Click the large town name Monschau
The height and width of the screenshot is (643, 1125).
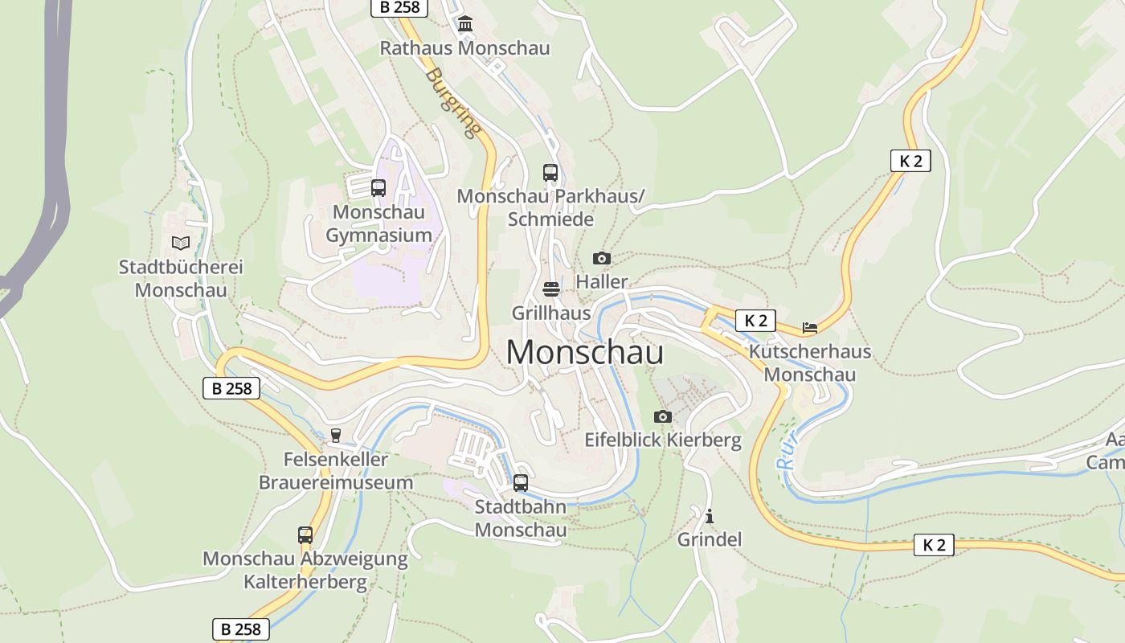(585, 352)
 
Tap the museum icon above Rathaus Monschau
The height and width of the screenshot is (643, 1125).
(465, 24)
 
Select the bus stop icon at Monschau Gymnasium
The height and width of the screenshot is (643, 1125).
(378, 188)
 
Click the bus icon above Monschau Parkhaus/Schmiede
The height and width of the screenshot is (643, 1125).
(550, 172)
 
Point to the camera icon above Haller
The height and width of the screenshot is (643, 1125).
(601, 258)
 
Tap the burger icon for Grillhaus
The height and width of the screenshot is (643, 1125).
(551, 289)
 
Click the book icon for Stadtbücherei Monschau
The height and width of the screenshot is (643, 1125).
(181, 243)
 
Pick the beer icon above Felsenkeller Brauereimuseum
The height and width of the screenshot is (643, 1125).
(336, 436)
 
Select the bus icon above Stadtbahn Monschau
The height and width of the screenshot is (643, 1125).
(521, 483)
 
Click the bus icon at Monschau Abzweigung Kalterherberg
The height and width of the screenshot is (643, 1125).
(305, 534)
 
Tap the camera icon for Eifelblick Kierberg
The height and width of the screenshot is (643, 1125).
(662, 416)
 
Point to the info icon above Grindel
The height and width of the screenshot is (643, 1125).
(709, 516)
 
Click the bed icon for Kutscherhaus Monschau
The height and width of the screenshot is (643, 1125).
(810, 328)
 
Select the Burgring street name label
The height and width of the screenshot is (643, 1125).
(453, 102)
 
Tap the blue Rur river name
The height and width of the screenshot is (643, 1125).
(787, 452)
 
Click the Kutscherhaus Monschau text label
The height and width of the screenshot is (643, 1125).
(810, 363)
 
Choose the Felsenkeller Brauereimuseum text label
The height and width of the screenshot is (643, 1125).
(336, 471)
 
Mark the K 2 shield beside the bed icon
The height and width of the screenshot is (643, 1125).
(755, 321)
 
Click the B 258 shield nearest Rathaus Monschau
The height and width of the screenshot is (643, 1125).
(399, 7)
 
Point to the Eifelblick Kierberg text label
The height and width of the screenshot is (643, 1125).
(663, 440)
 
